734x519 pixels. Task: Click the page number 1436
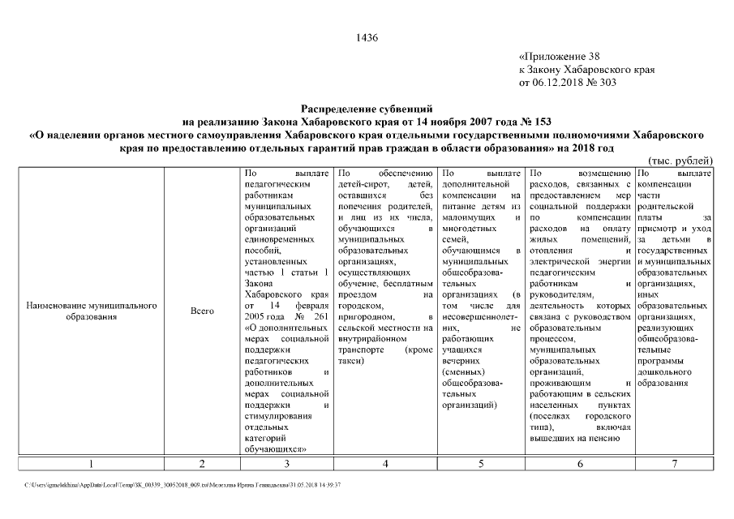(x=367, y=38)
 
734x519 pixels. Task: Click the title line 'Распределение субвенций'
(x=367, y=108)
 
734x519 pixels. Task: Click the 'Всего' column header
(x=201, y=311)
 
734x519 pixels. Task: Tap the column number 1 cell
(x=91, y=464)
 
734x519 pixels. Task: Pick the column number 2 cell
(x=201, y=464)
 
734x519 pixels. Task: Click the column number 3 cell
(x=286, y=464)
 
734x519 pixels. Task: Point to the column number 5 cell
(x=481, y=464)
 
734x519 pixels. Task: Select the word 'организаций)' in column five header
(x=470, y=403)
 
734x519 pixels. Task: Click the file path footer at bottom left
(x=183, y=484)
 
